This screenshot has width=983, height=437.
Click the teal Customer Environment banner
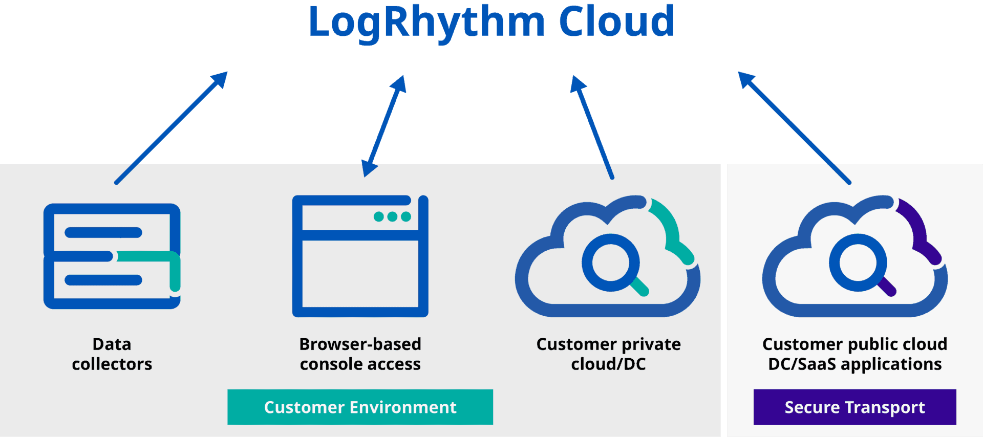click(360, 407)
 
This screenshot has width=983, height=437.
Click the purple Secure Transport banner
click(854, 407)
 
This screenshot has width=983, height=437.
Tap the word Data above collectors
click(112, 344)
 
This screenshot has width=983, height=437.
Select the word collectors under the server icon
click(112, 364)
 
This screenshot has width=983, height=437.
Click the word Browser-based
click(360, 344)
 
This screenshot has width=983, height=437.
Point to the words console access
click(360, 364)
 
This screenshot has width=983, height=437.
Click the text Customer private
click(608, 344)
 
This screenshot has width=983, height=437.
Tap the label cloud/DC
click(608, 364)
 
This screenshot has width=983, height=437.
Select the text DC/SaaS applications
click(854, 364)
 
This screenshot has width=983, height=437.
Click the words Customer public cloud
click(854, 344)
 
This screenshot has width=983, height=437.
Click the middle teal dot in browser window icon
click(392, 216)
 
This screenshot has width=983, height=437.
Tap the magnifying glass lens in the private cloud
click(610, 263)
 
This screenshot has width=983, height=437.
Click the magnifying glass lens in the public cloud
click(857, 263)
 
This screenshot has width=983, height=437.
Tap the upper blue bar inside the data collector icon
click(103, 232)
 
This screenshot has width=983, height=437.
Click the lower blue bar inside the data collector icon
click(103, 280)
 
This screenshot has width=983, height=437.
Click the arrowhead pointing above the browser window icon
click(369, 169)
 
